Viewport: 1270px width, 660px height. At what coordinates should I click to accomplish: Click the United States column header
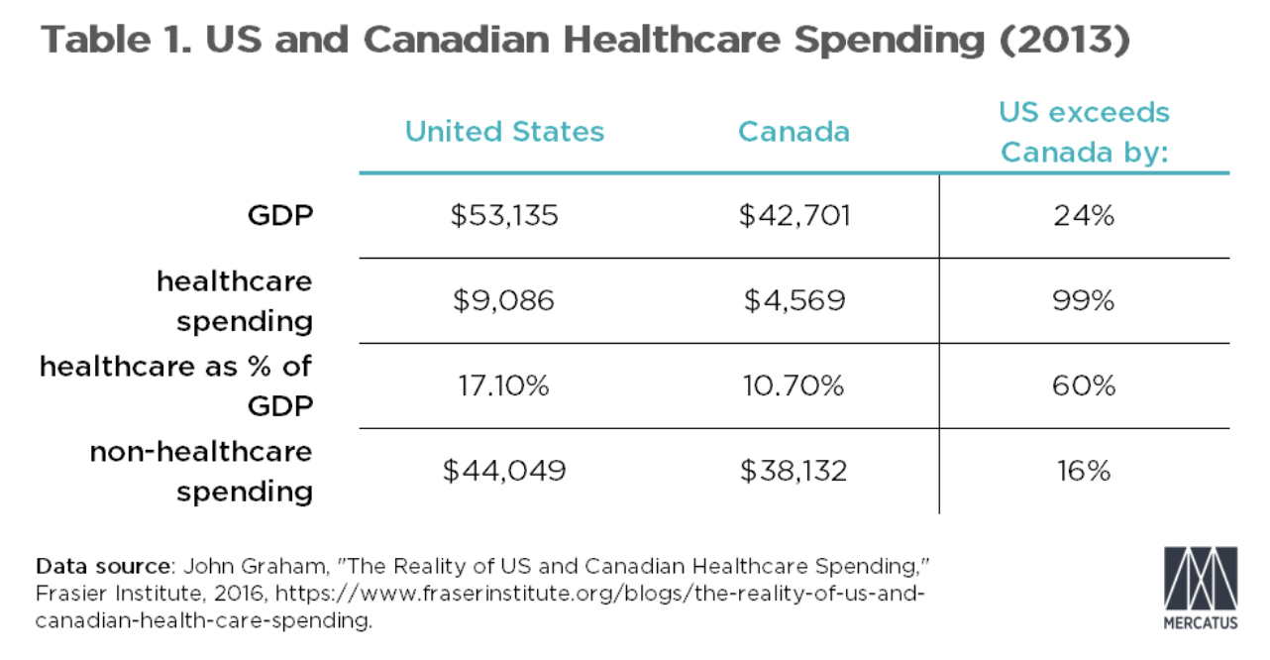click(504, 132)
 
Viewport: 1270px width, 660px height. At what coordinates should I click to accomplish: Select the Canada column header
click(794, 132)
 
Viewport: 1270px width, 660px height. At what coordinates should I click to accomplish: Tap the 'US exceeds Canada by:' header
click(1084, 132)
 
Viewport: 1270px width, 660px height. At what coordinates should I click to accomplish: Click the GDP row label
click(280, 215)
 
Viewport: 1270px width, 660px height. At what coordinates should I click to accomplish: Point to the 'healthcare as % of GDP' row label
click(176, 385)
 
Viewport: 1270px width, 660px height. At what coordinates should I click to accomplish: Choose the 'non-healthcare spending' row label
click(202, 471)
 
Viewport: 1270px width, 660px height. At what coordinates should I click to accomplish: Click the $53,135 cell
click(504, 215)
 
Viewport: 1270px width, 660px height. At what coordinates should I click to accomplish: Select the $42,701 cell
click(794, 215)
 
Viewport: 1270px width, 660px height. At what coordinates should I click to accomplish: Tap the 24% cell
click(1084, 215)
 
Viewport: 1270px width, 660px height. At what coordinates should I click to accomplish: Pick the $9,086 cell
click(504, 300)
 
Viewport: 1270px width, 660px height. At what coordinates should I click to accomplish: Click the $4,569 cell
click(794, 300)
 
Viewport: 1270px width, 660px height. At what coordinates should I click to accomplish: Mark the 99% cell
click(1084, 300)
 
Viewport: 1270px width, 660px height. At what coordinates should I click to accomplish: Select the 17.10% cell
click(504, 385)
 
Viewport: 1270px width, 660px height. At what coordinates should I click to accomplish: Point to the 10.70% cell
click(794, 385)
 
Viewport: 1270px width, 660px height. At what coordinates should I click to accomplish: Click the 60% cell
click(1084, 385)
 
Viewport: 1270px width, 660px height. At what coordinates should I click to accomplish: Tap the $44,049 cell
click(504, 471)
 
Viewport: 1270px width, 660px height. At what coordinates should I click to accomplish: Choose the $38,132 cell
click(794, 471)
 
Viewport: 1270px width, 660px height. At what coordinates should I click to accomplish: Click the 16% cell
click(1084, 471)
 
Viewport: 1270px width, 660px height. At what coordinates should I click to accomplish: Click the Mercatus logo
click(1201, 587)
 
